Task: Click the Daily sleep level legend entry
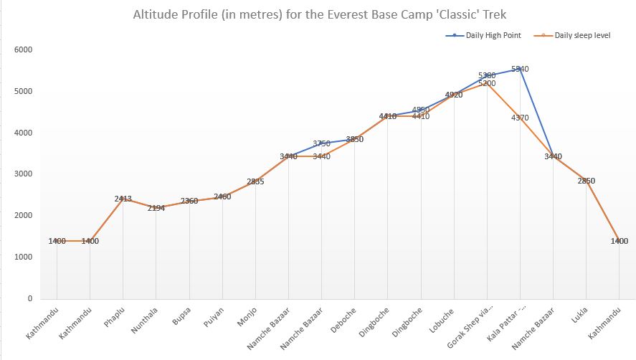(x=582, y=35)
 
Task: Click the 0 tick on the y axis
(x=30, y=298)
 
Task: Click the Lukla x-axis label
(x=578, y=315)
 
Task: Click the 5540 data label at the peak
(x=520, y=70)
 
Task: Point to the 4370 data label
(x=520, y=118)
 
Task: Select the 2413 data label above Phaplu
(x=123, y=199)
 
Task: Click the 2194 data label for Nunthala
(x=156, y=208)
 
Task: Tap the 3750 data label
(x=321, y=143)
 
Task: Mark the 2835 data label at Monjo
(x=255, y=181)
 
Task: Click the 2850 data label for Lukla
(x=587, y=181)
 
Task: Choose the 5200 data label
(x=487, y=83)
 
